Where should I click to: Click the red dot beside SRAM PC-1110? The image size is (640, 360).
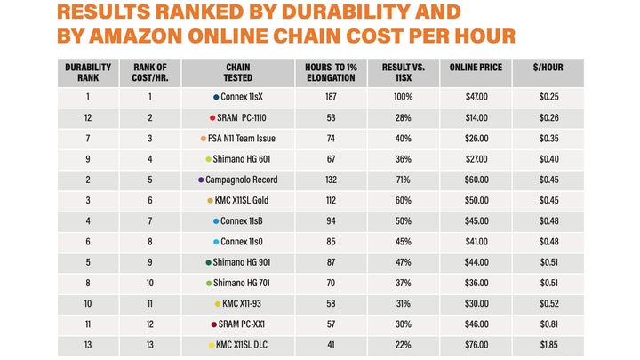click(x=212, y=117)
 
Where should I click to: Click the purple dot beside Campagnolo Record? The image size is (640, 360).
click(x=201, y=180)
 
